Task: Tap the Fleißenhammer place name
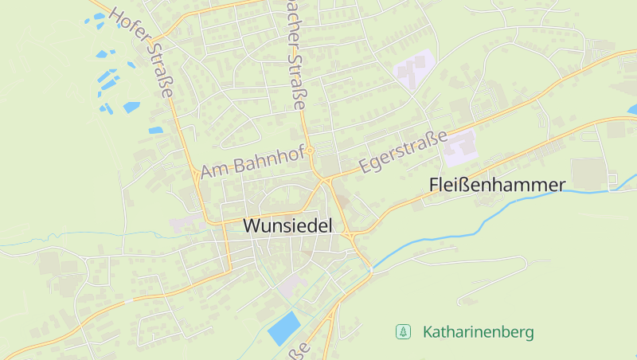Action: tap(497, 185)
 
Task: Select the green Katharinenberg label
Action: tap(478, 331)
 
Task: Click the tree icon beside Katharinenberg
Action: tap(404, 331)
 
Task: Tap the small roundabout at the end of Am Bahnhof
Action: tap(312, 150)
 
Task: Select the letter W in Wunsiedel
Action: tap(252, 225)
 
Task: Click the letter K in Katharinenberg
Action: tap(428, 331)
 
